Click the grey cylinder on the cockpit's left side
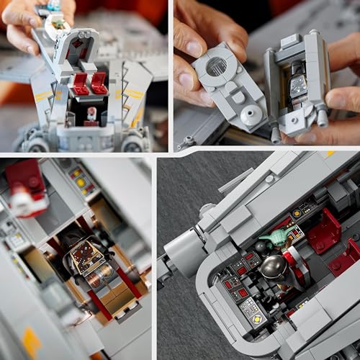(x=177, y=253)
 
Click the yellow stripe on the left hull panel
(x=43, y=96)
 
